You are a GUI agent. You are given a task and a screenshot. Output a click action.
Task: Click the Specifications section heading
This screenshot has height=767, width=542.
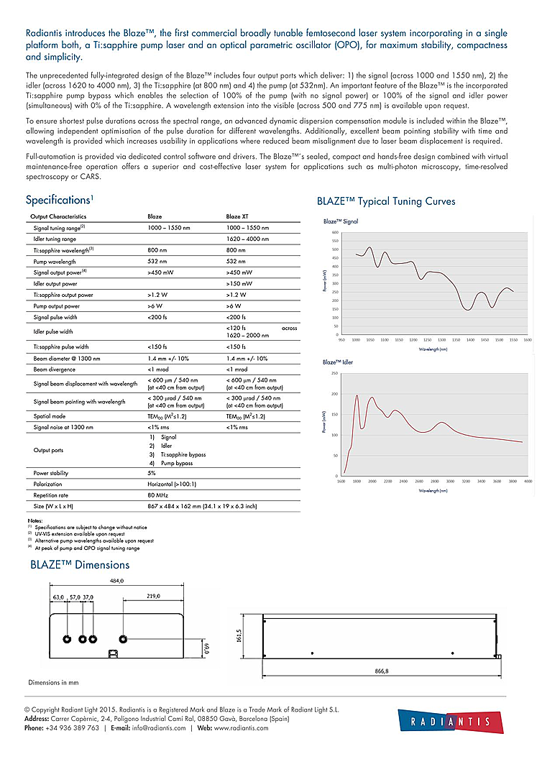[59, 200]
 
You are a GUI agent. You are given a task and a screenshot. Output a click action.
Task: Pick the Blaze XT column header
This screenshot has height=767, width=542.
[239, 216]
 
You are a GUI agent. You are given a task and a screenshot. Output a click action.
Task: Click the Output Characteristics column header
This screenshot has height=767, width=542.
[58, 216]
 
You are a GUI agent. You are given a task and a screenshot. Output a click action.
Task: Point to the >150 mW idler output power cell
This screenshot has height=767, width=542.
[239, 284]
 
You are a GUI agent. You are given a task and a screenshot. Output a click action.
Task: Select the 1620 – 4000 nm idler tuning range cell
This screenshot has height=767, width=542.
[247, 239]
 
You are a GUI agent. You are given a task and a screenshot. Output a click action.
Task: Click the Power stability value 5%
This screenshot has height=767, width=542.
[152, 473]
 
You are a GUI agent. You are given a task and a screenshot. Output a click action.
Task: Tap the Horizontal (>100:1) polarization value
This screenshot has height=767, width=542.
[172, 484]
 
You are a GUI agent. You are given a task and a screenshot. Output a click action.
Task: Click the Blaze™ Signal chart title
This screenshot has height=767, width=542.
[341, 221]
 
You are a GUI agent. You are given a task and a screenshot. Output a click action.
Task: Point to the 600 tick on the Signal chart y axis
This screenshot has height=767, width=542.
[335, 233]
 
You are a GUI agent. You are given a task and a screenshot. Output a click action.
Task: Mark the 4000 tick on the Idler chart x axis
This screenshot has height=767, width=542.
[528, 481]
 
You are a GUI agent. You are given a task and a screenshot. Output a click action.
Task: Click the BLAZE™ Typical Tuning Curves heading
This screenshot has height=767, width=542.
[386, 202]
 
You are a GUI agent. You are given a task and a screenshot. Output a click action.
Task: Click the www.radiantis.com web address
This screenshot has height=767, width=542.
[241, 728]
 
